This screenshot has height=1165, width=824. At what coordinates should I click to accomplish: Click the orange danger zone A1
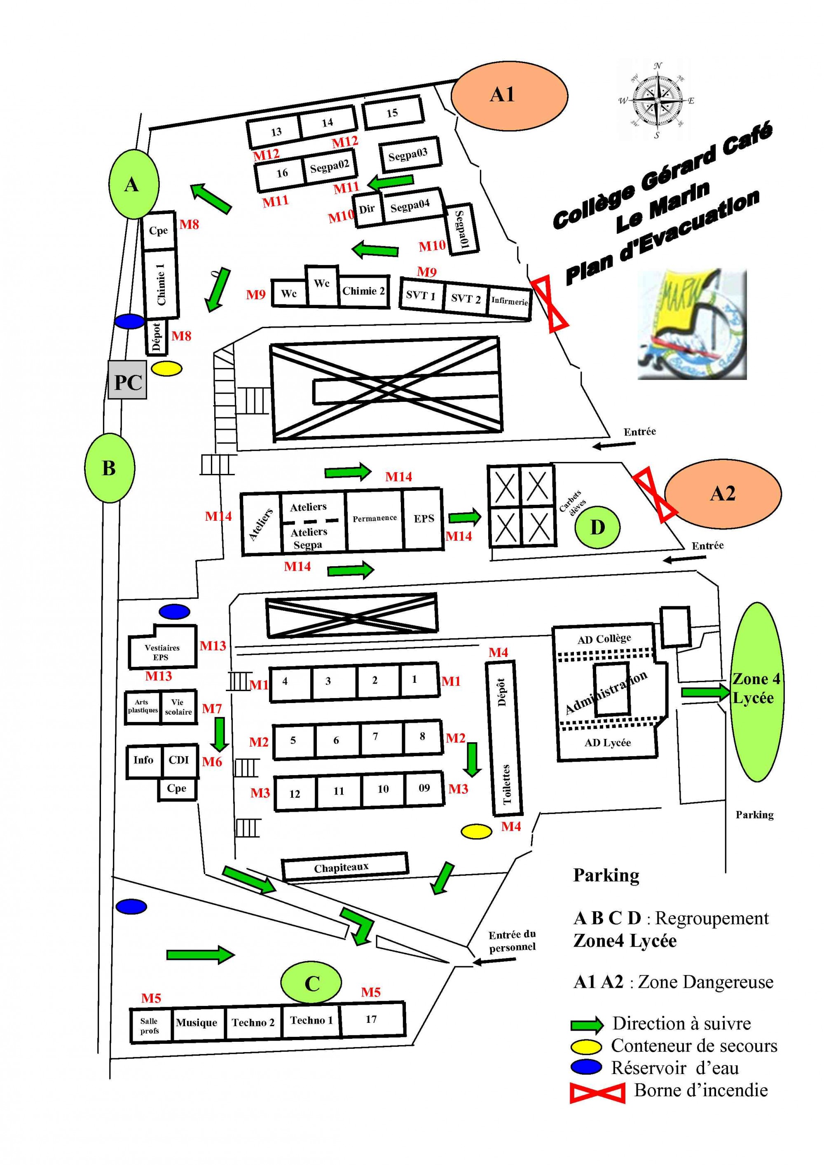coord(509,95)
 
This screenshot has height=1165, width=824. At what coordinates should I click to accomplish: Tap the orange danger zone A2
coord(723,494)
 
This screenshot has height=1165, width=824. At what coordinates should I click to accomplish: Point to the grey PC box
coord(127,380)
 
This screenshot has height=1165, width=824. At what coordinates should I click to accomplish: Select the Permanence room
coord(375,520)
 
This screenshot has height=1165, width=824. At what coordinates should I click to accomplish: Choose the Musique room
coord(197,1023)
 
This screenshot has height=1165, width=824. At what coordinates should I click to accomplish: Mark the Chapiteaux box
coord(345,867)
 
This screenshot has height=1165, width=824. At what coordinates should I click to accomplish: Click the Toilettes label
coord(506,785)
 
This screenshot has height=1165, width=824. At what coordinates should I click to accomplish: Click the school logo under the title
coord(692,324)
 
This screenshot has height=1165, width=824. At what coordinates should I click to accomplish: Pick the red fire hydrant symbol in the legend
coord(597,1091)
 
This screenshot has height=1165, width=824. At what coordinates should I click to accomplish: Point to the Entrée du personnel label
coord(512,941)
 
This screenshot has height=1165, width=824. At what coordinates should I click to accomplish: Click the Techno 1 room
coord(311,1020)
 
